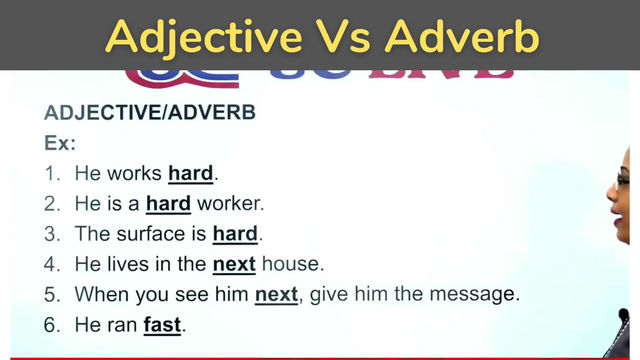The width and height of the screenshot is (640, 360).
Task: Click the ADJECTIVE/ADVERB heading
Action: tap(150, 113)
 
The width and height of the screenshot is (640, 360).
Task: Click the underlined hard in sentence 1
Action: tap(190, 173)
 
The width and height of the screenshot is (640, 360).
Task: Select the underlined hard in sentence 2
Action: tap(168, 204)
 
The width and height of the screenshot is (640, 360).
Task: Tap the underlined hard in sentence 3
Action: tap(235, 234)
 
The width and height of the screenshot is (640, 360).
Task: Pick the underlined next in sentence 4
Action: tap(234, 265)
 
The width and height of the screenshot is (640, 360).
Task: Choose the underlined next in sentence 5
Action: tap(276, 295)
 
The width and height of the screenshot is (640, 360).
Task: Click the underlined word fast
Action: tap(163, 325)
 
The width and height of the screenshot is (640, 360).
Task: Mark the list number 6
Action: tap(51, 325)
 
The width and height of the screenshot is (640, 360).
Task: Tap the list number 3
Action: tap(51, 234)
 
